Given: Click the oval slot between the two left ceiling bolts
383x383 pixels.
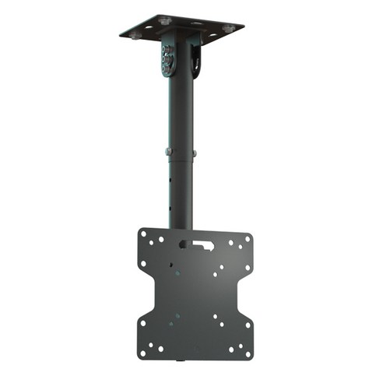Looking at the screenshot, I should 149,27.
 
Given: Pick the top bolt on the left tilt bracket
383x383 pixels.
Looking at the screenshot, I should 167,49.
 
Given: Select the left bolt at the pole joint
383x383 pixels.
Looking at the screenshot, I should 166,151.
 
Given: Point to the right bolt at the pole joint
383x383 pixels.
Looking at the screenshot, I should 195,152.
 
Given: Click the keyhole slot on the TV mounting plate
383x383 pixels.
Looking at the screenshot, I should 199,244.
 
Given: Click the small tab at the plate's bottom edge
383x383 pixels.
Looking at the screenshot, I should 180,360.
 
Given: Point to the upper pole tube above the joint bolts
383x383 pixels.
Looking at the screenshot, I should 180,109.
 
